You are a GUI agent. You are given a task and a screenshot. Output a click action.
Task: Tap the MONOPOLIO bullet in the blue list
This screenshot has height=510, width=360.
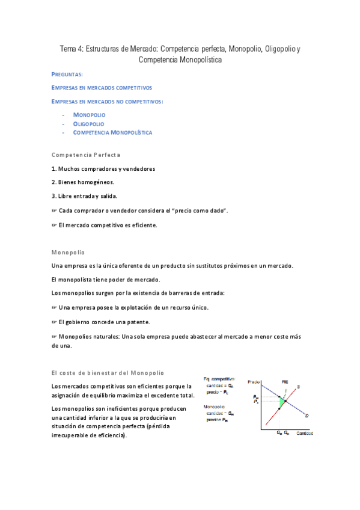click(89, 114)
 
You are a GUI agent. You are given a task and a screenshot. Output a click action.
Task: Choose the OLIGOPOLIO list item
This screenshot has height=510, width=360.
click(88, 123)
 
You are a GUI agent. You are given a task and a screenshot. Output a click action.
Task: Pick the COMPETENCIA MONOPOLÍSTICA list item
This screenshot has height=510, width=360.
click(112, 132)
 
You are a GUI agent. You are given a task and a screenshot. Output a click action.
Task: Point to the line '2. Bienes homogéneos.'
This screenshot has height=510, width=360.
click(83, 182)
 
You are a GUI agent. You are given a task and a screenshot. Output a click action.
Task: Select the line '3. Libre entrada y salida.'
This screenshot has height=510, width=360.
click(85, 195)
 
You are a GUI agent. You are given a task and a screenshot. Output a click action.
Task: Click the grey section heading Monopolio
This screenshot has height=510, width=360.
click(69, 252)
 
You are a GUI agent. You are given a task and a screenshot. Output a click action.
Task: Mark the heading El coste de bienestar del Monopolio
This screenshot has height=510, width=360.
click(108, 373)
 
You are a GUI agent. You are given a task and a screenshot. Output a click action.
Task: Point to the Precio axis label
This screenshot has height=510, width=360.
click(253, 382)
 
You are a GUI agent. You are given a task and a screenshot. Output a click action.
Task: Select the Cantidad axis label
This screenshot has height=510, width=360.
click(303, 432)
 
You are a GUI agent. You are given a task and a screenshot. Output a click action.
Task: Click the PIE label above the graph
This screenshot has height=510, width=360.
click(285, 382)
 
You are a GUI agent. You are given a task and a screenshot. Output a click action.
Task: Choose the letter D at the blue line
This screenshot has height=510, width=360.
click(308, 416)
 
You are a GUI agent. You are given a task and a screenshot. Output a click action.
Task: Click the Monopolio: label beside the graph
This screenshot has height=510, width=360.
click(215, 407)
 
